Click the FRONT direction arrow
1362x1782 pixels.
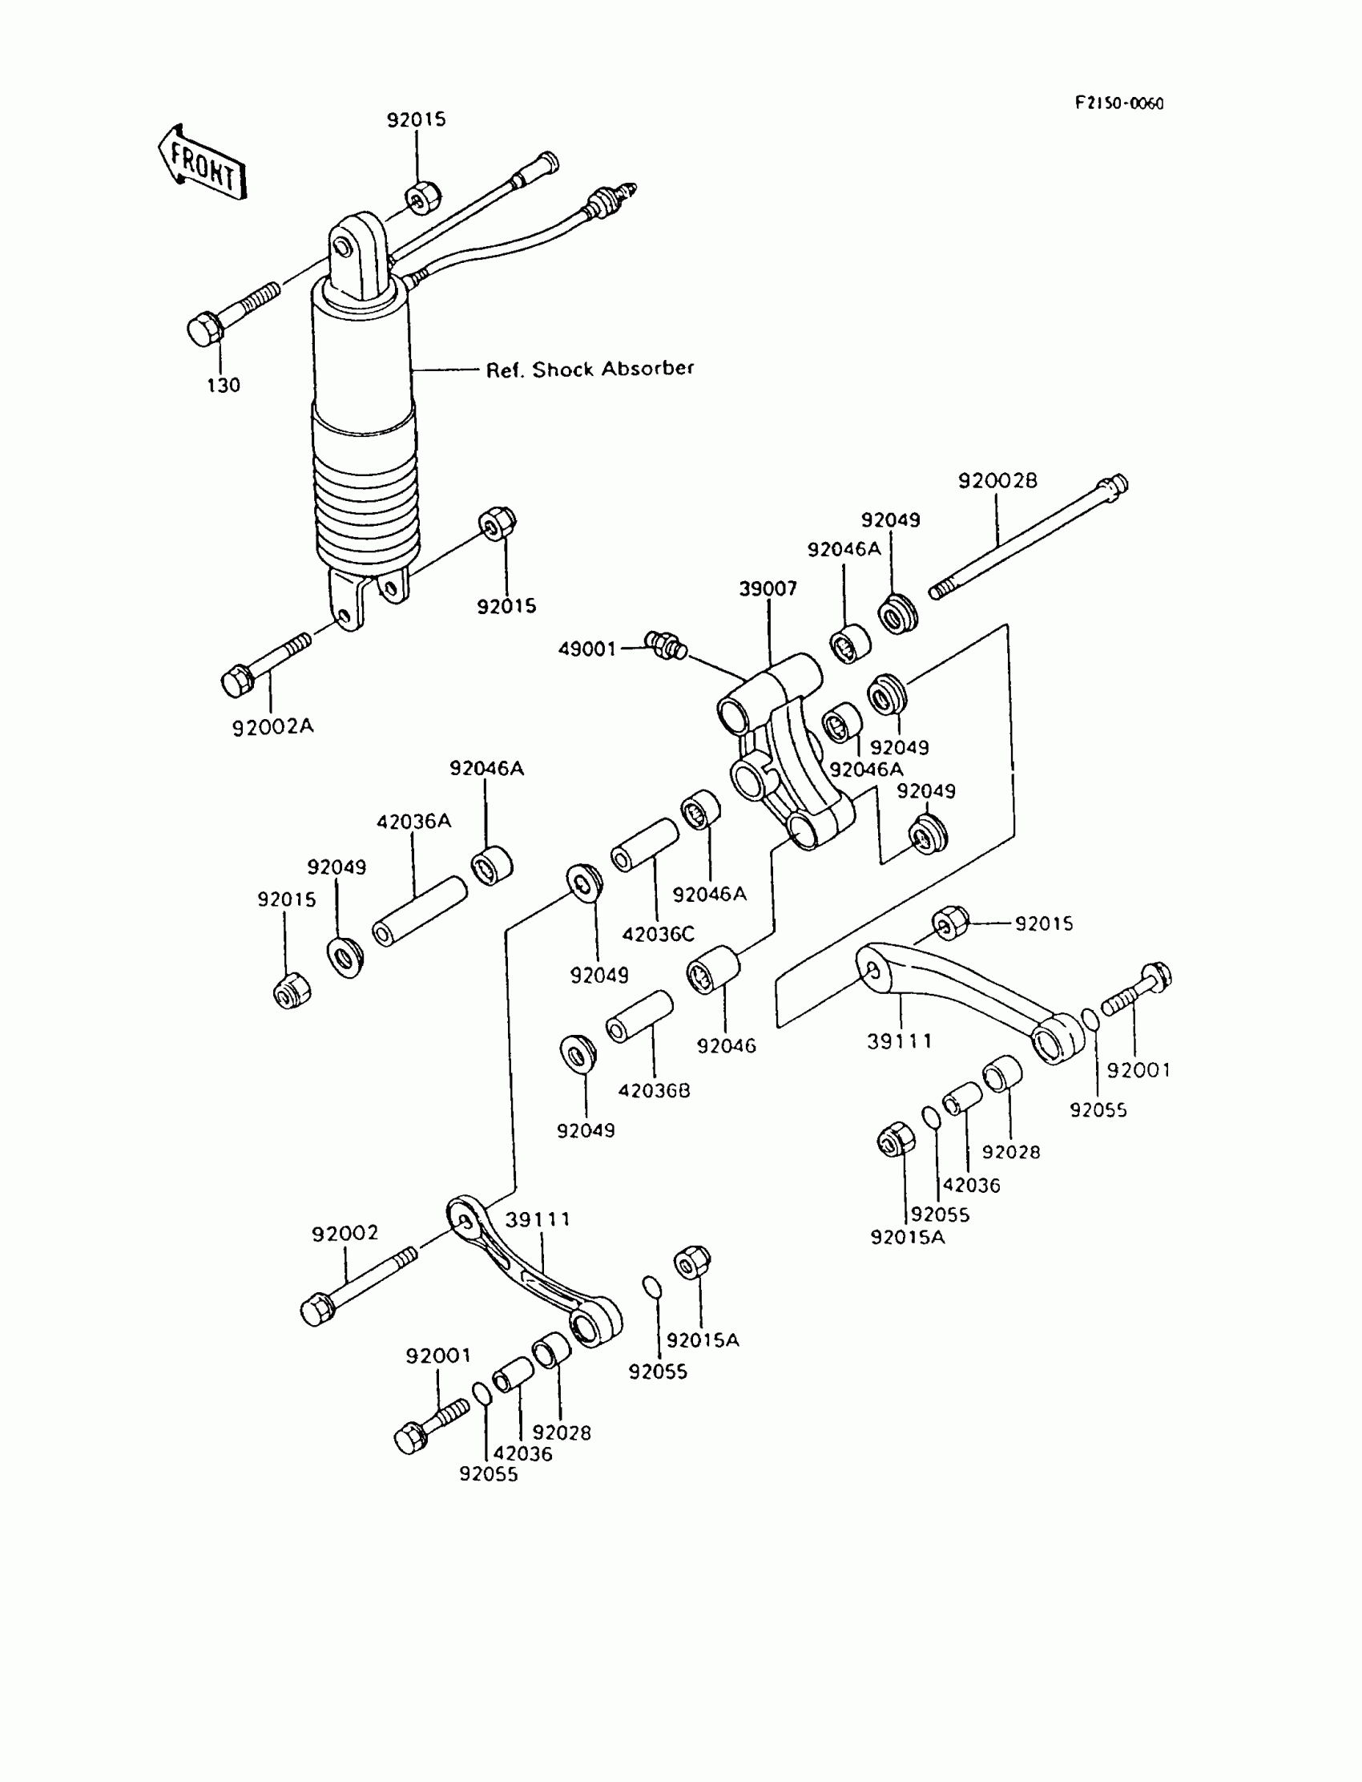(202, 163)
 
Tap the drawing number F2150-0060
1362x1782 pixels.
(1118, 104)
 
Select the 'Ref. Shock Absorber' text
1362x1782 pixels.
(590, 369)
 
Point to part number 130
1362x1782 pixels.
(223, 386)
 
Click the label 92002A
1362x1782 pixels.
(272, 727)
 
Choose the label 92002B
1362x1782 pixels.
(997, 481)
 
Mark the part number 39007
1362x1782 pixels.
(767, 589)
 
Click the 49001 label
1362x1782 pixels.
(587, 649)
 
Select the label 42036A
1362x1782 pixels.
(413, 822)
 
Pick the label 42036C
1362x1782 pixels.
(658, 935)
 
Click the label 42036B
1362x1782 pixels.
(654, 1091)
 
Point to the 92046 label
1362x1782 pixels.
(726, 1046)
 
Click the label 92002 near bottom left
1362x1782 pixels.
(345, 1234)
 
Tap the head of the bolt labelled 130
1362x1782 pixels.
(202, 329)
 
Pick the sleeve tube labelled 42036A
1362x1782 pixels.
(419, 911)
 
